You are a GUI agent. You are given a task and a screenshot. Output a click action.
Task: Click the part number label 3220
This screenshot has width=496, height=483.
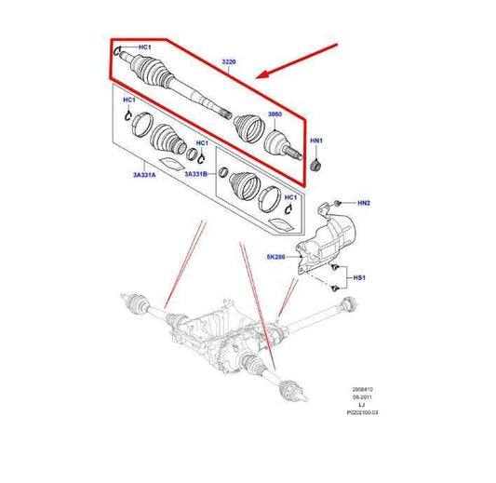(x=228, y=62)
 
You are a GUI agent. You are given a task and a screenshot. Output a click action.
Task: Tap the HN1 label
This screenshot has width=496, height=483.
(x=316, y=141)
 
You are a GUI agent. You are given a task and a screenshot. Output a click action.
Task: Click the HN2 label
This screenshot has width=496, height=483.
(x=364, y=203)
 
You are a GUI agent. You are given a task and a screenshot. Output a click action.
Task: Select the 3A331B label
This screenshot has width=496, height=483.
(x=197, y=173)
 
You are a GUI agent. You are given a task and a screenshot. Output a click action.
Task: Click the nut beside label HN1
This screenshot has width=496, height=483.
(x=315, y=166)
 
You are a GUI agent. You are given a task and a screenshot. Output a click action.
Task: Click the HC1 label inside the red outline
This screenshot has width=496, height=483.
(x=144, y=46)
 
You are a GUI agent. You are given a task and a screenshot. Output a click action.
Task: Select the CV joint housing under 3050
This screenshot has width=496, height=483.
(x=278, y=142)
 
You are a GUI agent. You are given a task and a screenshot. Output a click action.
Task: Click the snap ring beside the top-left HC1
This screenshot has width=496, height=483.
(x=118, y=53)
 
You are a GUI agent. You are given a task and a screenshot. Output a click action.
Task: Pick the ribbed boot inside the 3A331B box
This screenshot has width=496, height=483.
(x=244, y=188)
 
